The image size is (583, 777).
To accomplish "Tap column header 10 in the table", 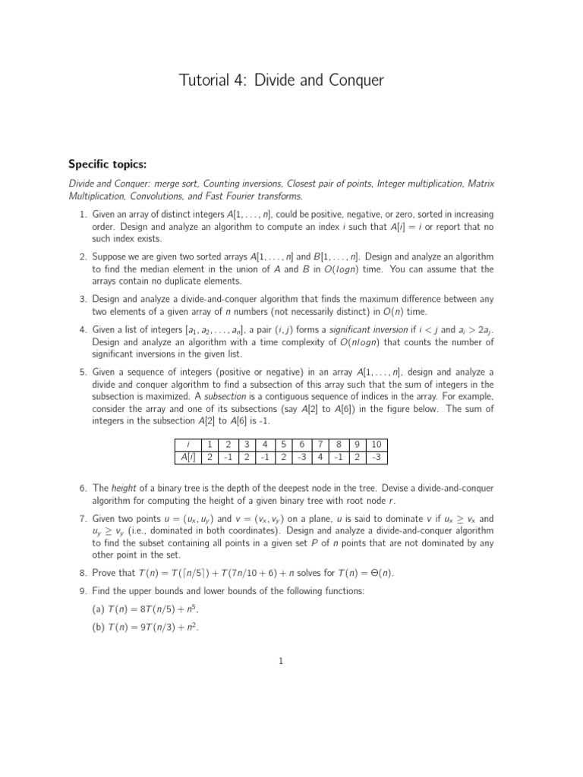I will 376,444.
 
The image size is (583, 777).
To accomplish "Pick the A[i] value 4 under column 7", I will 320,457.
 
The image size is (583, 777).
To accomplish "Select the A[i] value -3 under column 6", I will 301,457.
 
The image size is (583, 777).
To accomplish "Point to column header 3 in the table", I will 246,444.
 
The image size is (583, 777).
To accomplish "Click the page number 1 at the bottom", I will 281,661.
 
